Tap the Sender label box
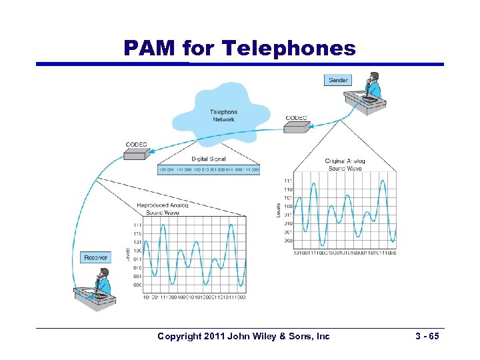pos(338,80)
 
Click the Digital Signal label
pos(209,159)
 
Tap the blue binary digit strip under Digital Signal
pos(208,170)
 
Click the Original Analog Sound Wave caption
pos(345,165)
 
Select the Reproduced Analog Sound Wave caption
pos(163,209)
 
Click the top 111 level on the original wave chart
pos(287,181)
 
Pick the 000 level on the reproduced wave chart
pos(137,285)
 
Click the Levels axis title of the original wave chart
pos(278,210)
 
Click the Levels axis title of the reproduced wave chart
pos(128,254)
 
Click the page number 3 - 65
pos(424,337)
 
